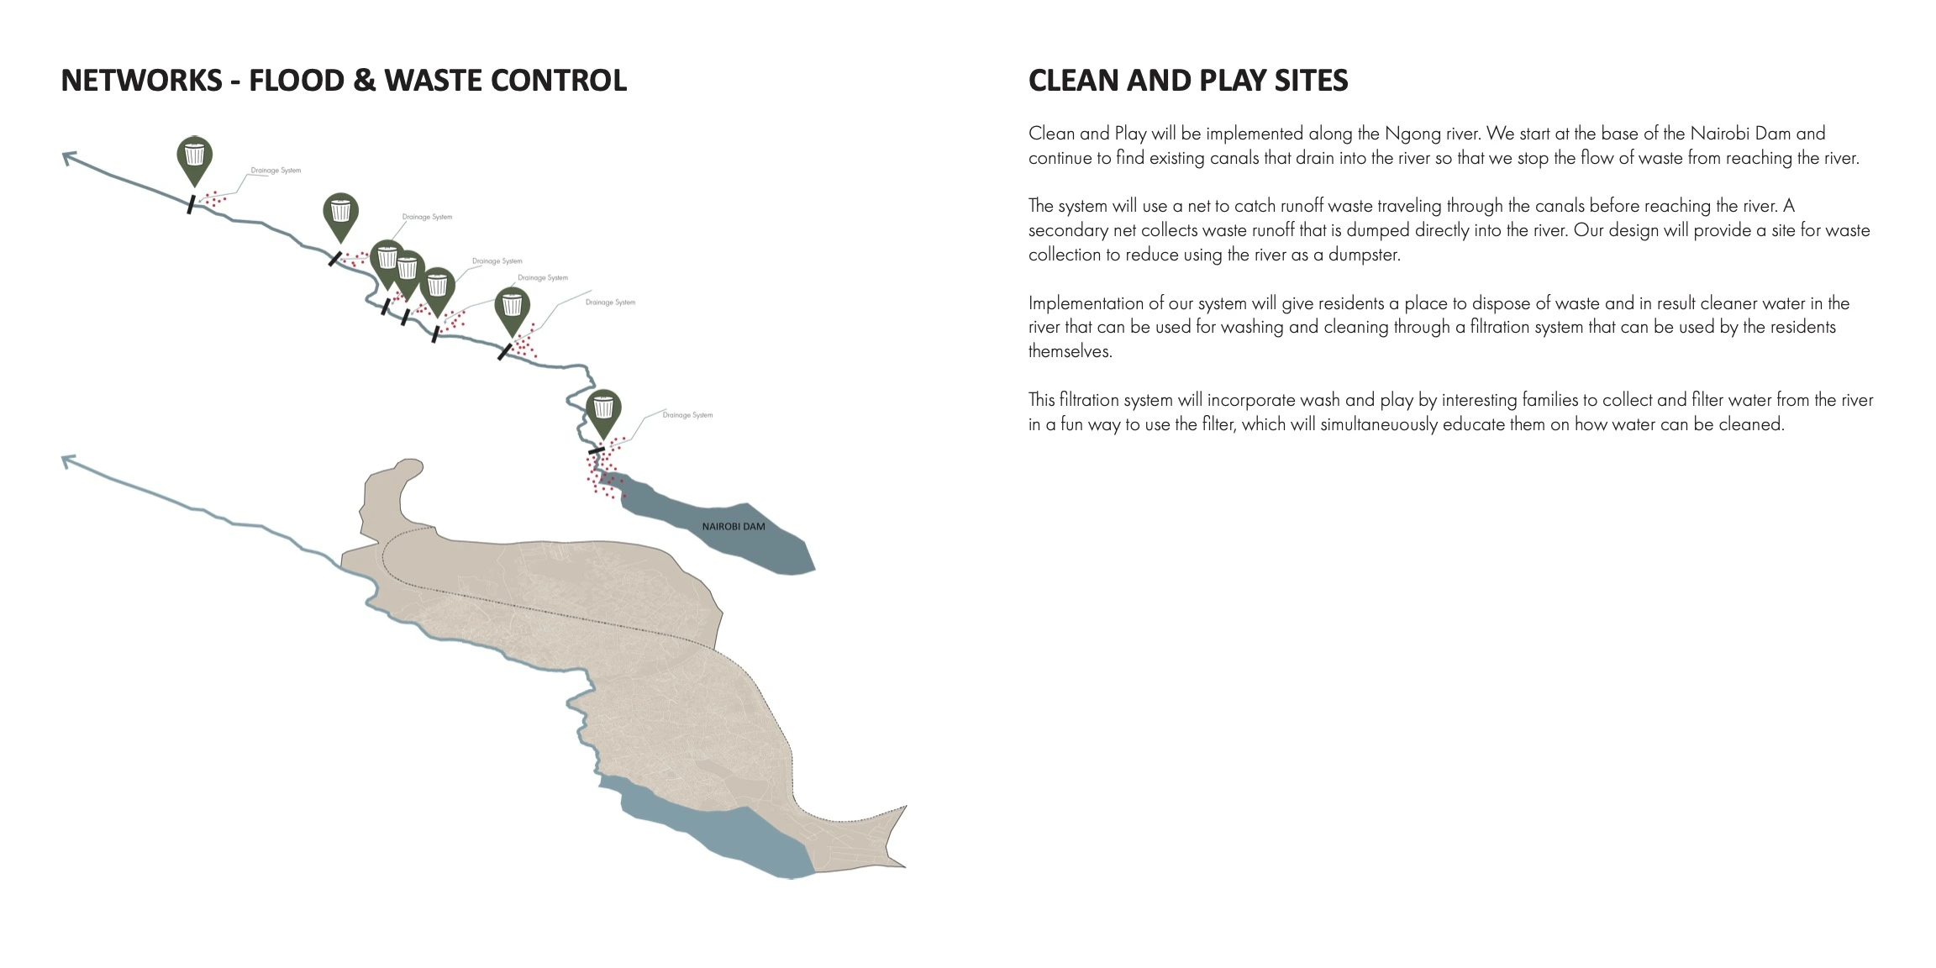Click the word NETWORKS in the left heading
[x=141, y=81]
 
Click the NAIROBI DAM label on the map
[x=734, y=527]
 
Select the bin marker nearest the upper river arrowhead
[x=194, y=157]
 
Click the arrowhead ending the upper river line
[x=67, y=156]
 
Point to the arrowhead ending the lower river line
[x=67, y=460]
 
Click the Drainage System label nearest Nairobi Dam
[x=687, y=415]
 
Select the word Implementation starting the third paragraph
[x=1085, y=303]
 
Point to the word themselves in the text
[x=1070, y=352]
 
